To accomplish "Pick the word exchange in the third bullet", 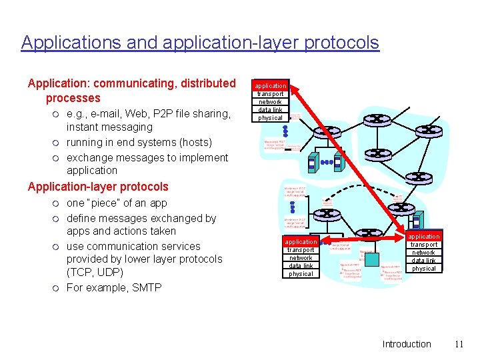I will (x=89, y=157).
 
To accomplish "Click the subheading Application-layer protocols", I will (x=98, y=187).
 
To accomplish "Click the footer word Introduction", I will (x=407, y=344).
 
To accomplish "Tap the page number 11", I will (x=458, y=344).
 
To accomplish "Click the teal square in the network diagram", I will (x=372, y=259).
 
